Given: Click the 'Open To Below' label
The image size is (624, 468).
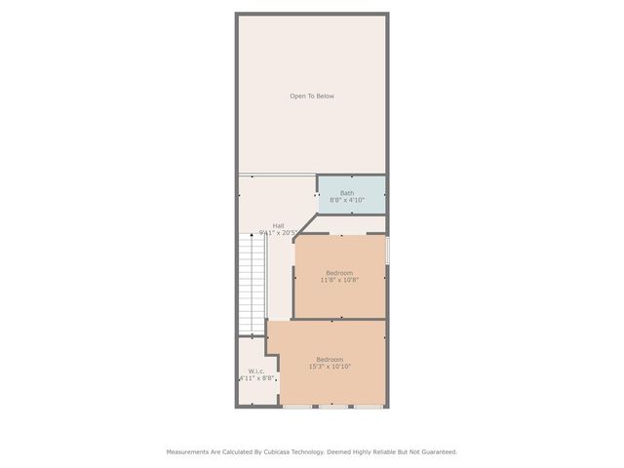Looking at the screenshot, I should point(312,96).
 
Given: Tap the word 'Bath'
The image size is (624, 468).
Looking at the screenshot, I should point(347,192).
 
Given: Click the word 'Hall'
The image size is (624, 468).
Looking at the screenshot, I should point(278,225).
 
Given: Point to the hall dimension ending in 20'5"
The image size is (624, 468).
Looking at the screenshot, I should point(279,233).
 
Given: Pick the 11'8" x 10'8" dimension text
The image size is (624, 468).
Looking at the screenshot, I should point(339,280).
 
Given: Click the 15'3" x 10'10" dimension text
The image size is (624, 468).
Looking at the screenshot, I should point(330,367).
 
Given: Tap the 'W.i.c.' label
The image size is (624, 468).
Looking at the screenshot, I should point(256,370).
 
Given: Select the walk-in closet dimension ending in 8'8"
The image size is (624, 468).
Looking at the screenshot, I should point(256,378).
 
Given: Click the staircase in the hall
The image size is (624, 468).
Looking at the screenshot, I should point(253,283).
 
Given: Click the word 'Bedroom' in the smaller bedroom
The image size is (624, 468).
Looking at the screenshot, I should point(339,272).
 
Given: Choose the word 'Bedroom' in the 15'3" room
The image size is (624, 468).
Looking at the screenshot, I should point(330,359).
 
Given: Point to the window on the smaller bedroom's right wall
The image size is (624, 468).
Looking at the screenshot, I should point(387,250).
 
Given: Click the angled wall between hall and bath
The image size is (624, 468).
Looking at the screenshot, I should point(305,224).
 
